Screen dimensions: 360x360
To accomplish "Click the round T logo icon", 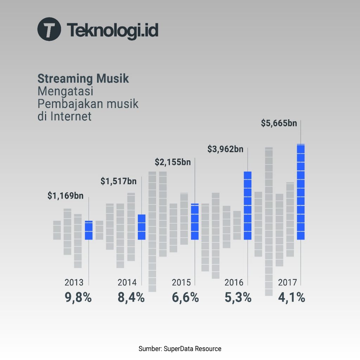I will pyautogui.click(x=49, y=29).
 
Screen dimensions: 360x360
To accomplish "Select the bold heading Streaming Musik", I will pyautogui.click(x=83, y=78).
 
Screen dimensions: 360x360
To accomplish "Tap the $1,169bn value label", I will pyautogui.click(x=65, y=196).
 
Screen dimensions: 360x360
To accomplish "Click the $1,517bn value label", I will pyautogui.click(x=118, y=181).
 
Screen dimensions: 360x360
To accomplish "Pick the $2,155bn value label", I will pyautogui.click(x=173, y=162).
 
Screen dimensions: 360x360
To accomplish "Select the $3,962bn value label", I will pyautogui.click(x=225, y=149).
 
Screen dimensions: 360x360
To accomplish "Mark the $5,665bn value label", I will pyautogui.click(x=279, y=123).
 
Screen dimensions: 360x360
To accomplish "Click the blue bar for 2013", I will pyautogui.click(x=89, y=230).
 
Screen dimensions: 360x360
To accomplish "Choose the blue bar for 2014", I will pyautogui.click(x=142, y=227).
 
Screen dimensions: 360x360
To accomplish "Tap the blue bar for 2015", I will pyautogui.click(x=195, y=221).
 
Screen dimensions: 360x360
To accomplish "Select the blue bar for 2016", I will pyautogui.click(x=247, y=206).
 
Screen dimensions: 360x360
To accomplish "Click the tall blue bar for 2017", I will pyautogui.click(x=301, y=192).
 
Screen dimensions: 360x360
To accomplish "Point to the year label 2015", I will pyautogui.click(x=181, y=283).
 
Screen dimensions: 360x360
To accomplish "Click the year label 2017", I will pyautogui.click(x=288, y=283).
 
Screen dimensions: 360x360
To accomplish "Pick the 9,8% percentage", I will pyautogui.click(x=78, y=298).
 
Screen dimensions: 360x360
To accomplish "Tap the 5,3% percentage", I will pyautogui.click(x=238, y=298).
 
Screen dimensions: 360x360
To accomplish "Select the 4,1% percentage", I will pyautogui.click(x=291, y=298).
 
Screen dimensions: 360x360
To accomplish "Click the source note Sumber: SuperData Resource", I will pyautogui.click(x=180, y=349).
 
